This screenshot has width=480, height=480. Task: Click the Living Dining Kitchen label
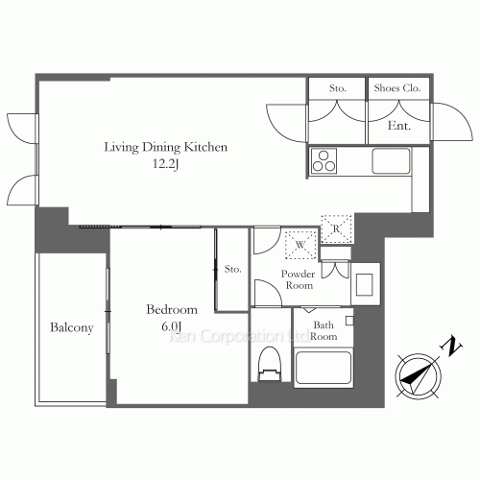point(166,147)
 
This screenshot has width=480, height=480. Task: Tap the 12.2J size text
point(165,164)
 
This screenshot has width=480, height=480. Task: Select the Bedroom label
point(172,310)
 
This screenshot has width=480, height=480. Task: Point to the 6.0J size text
point(172,326)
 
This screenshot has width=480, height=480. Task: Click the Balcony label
point(72,327)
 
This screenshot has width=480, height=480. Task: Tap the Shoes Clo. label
point(397,88)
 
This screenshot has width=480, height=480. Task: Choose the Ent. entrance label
point(399,126)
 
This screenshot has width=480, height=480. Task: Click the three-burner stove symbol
point(324,161)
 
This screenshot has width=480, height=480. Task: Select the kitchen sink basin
point(391,161)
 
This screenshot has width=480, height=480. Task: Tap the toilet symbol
point(270,364)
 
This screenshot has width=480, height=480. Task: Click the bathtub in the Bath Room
point(324,368)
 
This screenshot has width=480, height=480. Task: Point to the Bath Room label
point(324,331)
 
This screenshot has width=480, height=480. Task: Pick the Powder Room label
point(299,279)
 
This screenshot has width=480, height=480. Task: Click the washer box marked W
point(300,245)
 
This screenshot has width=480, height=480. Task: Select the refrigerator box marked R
point(336,229)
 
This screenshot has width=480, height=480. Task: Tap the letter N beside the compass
point(452,346)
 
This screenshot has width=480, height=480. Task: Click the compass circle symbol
point(419,375)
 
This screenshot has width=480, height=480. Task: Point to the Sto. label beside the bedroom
point(232,269)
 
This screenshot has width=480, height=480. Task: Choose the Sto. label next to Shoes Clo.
point(338,88)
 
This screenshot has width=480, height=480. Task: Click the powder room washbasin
point(365,284)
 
